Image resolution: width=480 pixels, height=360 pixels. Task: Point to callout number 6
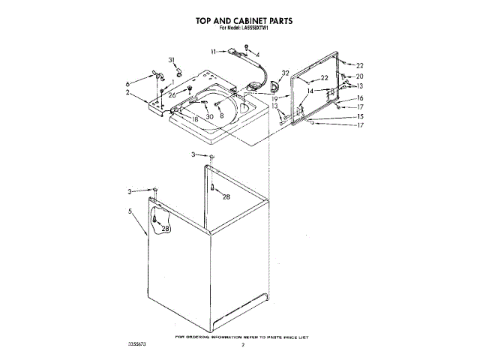[x=127, y=82]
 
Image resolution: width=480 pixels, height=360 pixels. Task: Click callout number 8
[x=221, y=116]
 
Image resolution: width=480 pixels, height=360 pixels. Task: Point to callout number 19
[x=275, y=97]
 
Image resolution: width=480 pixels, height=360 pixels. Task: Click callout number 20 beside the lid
[x=359, y=76]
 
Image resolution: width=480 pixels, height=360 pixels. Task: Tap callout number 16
[x=359, y=98]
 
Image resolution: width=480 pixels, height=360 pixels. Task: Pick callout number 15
[x=359, y=116]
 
